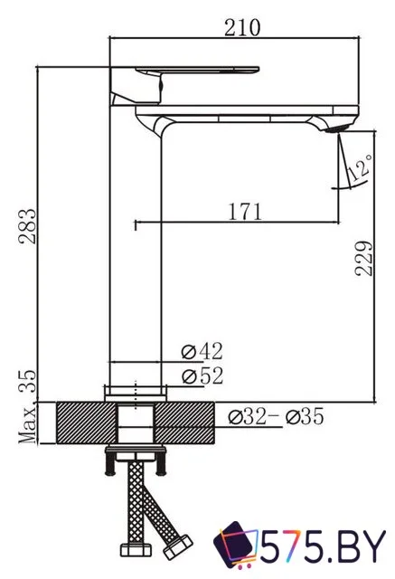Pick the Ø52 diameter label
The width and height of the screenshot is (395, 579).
(x=202, y=375)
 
